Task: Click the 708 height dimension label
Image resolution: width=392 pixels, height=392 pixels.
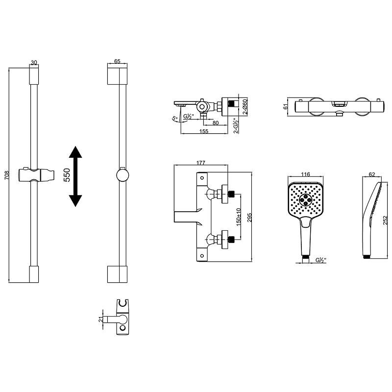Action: point(7,175)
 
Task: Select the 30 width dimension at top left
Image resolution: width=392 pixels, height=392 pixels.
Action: point(34,63)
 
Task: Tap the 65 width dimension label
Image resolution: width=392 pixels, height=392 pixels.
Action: point(117,61)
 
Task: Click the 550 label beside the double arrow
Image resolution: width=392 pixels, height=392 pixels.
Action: point(67,175)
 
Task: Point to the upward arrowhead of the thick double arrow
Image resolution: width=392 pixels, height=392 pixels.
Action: point(75,152)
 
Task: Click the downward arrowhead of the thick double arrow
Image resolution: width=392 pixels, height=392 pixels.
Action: point(75,201)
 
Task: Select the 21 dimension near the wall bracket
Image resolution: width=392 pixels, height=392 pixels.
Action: point(100,319)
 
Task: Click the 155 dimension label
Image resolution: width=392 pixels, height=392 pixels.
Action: point(204,131)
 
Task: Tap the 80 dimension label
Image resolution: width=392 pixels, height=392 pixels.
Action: point(216,123)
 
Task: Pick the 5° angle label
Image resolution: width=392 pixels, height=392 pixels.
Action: point(175,118)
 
